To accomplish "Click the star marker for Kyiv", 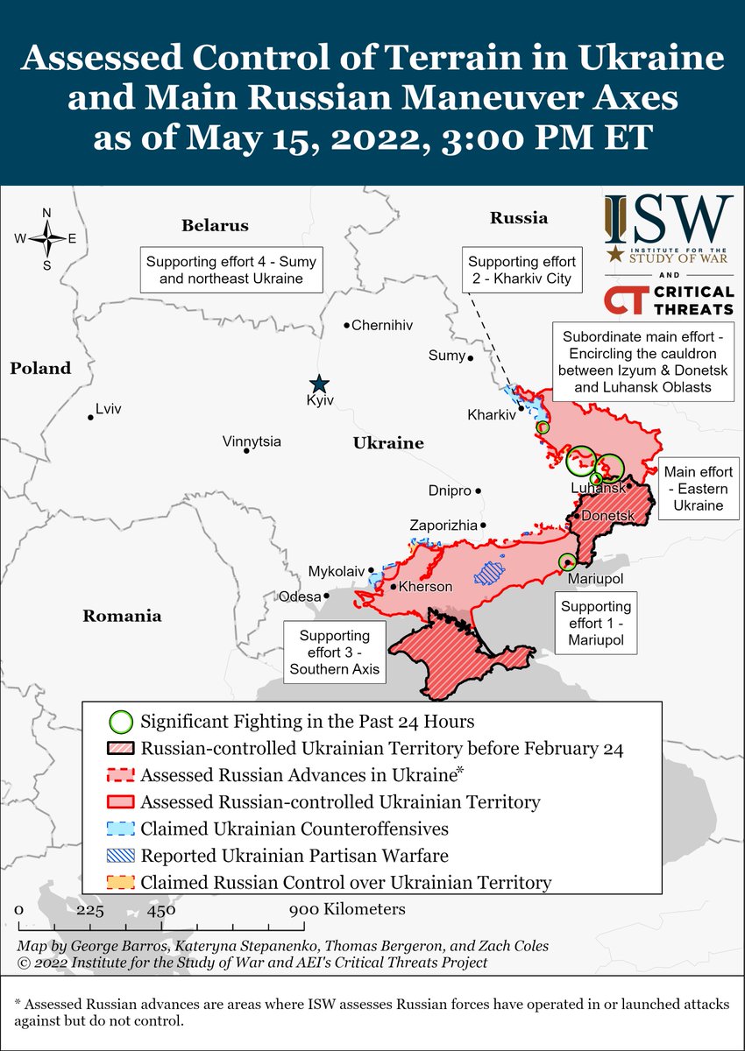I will tap(320, 384).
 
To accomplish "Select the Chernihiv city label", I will tap(381, 325).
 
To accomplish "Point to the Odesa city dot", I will tap(327, 595).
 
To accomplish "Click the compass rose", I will tap(46, 237).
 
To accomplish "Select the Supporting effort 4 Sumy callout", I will tap(231, 270).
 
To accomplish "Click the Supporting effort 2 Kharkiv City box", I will tap(521, 270).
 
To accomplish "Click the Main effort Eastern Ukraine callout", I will tap(698, 488).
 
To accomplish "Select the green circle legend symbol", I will tap(122, 722).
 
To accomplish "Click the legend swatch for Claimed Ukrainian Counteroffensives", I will tap(122, 829).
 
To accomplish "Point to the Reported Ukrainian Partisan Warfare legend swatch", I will tap(122, 856).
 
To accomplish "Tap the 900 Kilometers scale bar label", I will tap(349, 909).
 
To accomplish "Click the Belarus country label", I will tap(215, 225).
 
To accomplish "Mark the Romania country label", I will tap(122, 616).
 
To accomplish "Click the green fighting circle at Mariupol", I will tap(567, 561).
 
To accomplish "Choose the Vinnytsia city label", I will tap(252, 441).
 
